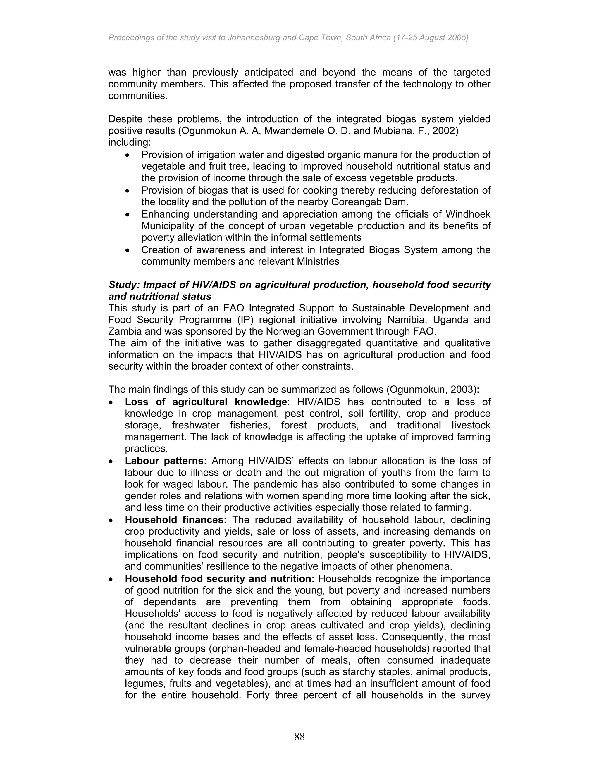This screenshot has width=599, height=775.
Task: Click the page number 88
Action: pyautogui.click(x=299, y=737)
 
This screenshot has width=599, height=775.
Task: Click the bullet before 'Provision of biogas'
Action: pyautogui.click(x=128, y=191)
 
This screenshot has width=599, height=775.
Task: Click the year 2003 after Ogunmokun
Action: pyautogui.click(x=463, y=390)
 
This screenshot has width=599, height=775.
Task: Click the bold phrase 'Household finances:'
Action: pyautogui.click(x=176, y=520)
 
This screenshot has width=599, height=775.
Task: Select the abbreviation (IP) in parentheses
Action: pyautogui.click(x=245, y=320)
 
